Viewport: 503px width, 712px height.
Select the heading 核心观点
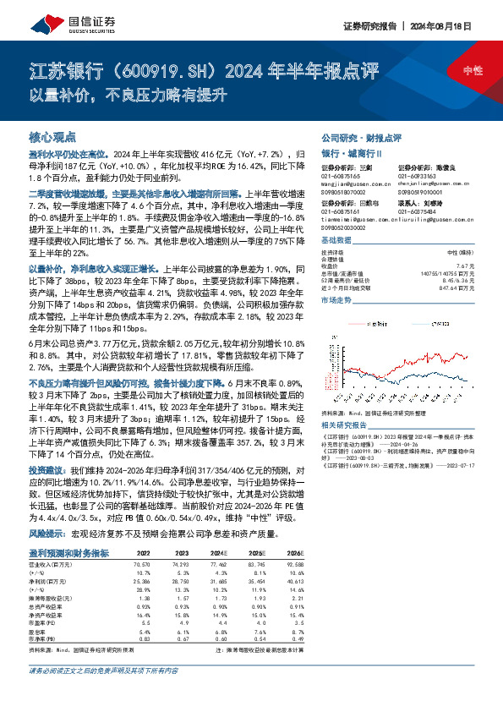pos(52,136)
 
